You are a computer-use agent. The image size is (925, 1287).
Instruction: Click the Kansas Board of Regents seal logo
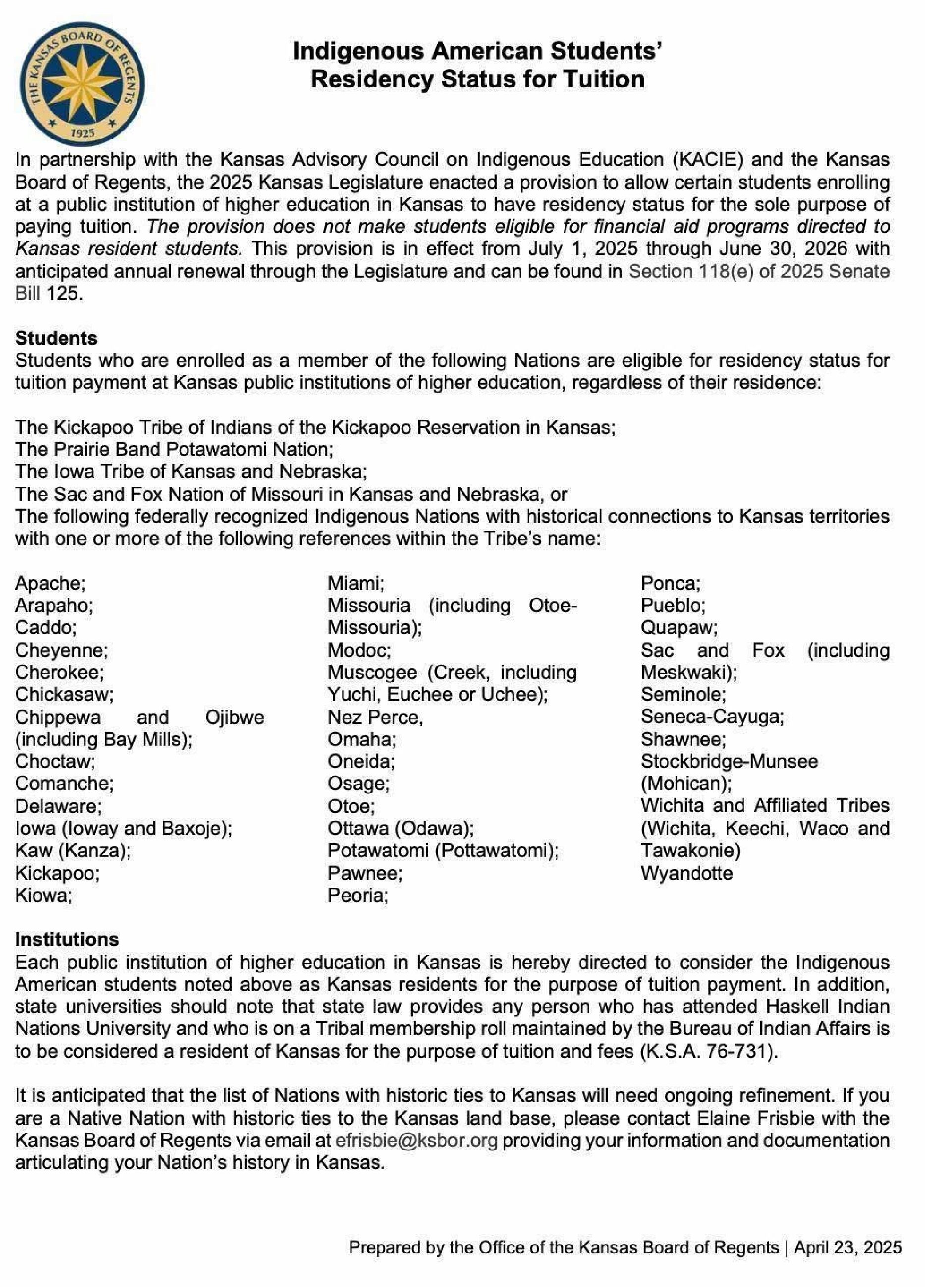click(x=82, y=83)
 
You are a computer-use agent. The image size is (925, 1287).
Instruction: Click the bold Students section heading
click(x=56, y=338)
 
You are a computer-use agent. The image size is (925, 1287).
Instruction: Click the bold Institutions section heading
click(x=67, y=939)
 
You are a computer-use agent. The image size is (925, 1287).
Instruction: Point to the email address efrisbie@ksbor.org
click(x=416, y=1140)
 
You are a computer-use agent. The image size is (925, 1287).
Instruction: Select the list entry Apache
click(x=50, y=583)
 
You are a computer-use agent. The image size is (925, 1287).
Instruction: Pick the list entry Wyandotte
click(x=686, y=873)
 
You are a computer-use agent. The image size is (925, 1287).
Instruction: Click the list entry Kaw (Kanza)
click(x=73, y=850)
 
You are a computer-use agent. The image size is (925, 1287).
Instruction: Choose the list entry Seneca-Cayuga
click(x=712, y=717)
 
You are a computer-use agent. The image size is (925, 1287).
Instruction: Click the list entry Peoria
click(x=357, y=895)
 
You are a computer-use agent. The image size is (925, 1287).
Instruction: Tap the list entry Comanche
click(x=64, y=784)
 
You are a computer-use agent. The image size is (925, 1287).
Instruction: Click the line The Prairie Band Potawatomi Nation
click(x=173, y=450)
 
